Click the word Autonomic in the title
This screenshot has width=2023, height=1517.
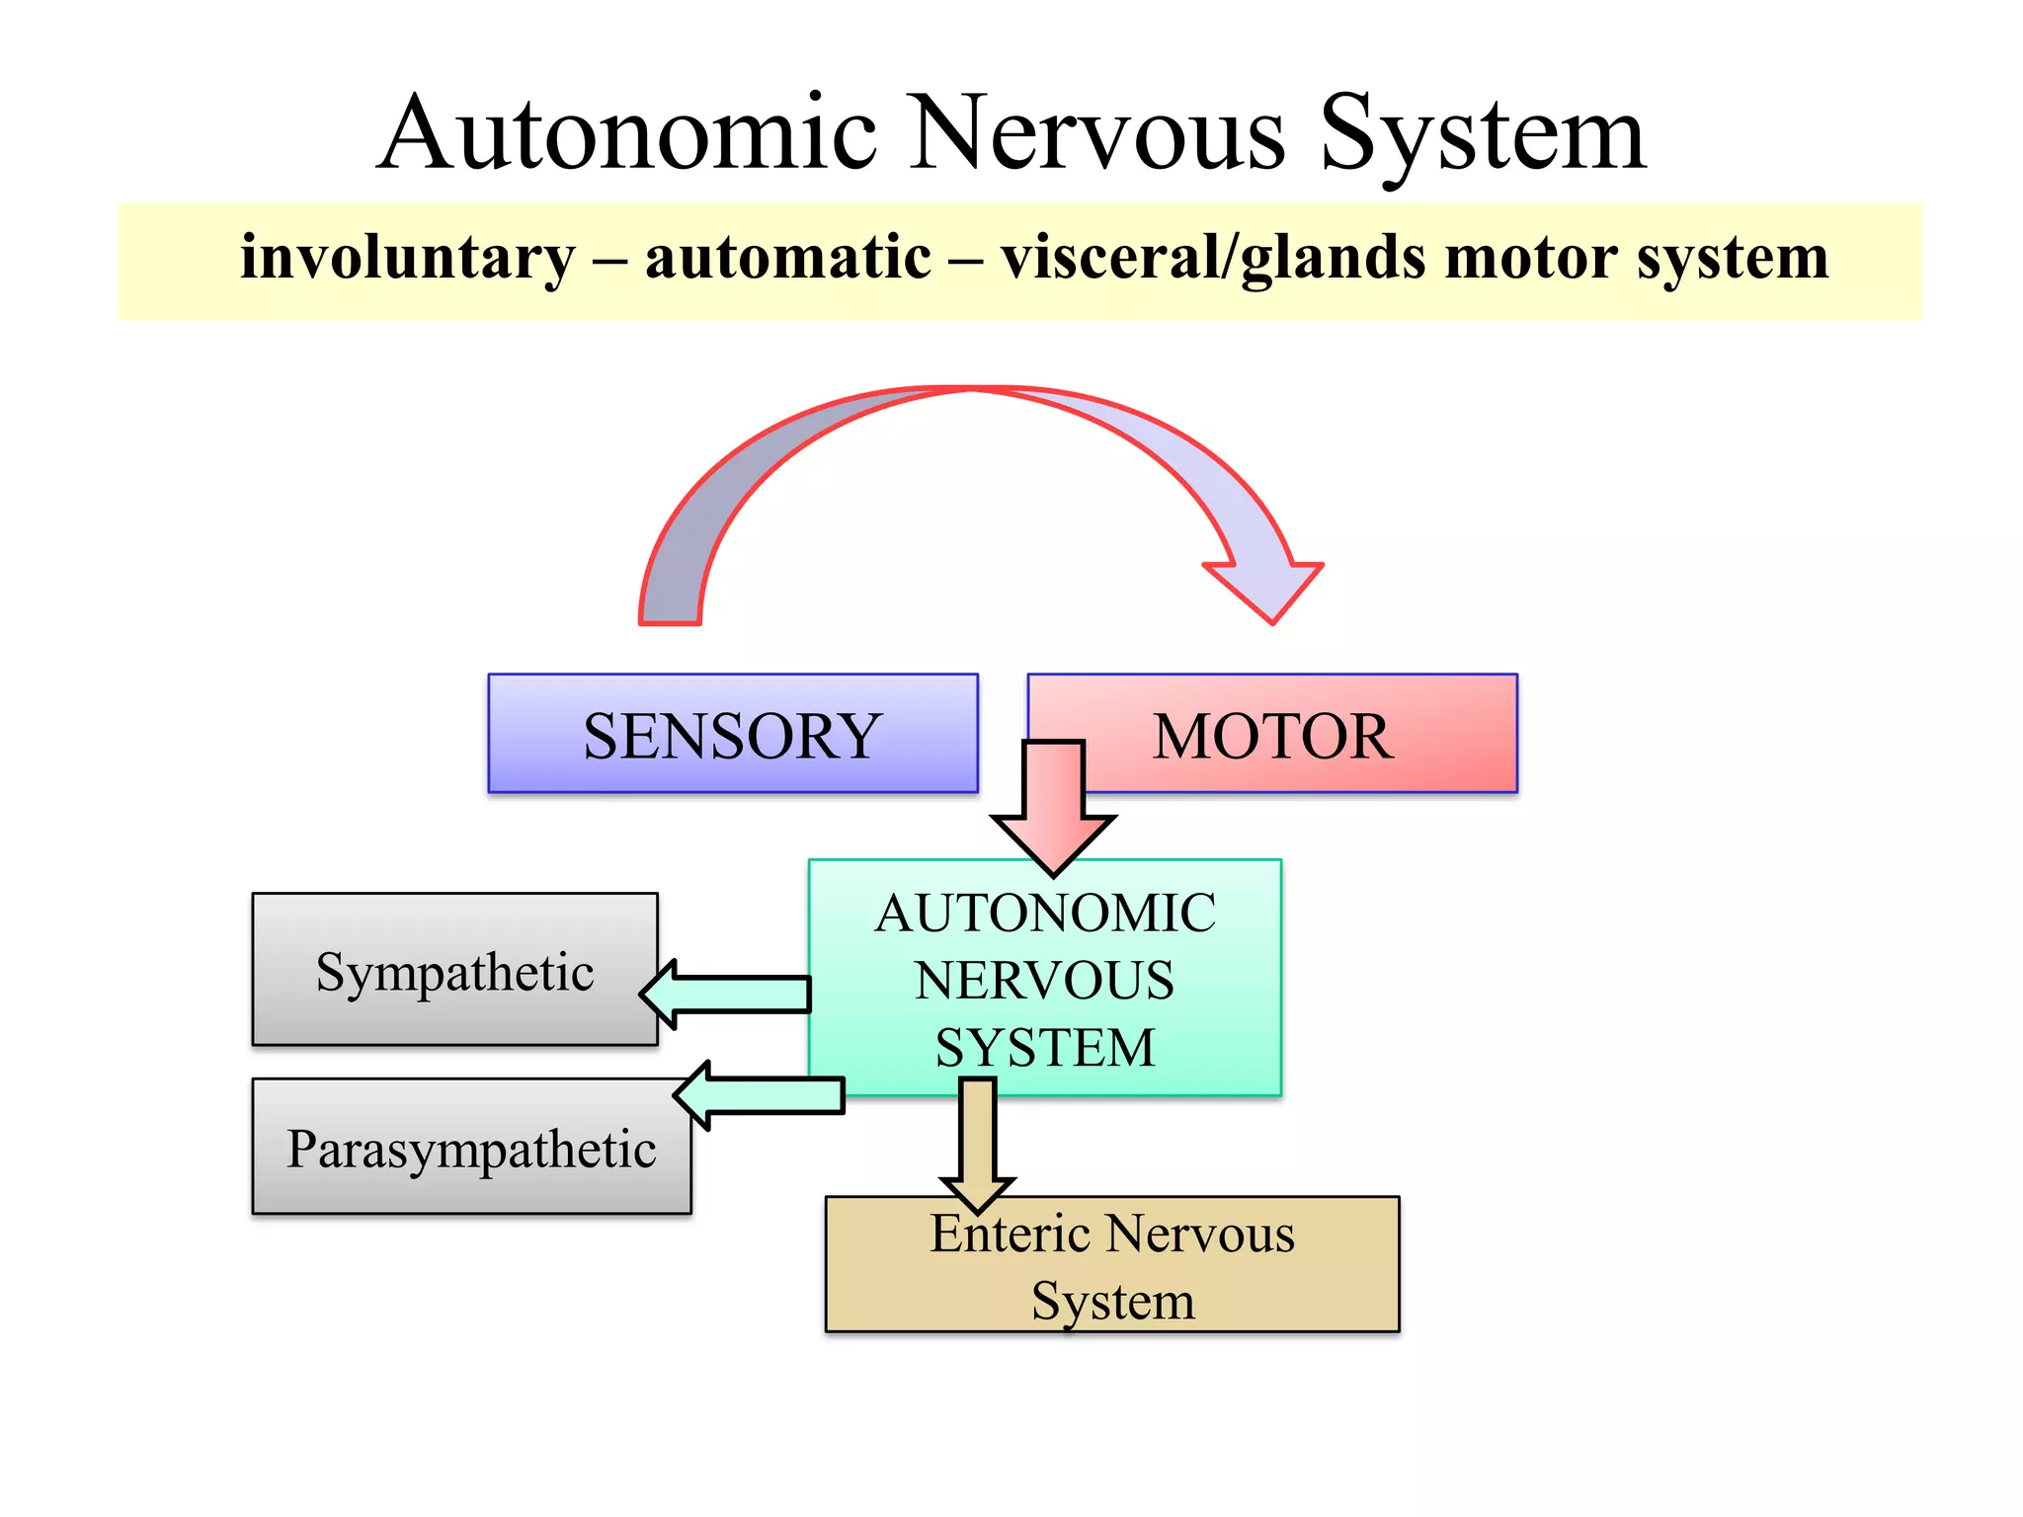coord(627,133)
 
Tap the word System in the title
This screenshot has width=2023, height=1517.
coord(1482,133)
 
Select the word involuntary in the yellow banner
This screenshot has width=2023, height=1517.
coord(407,259)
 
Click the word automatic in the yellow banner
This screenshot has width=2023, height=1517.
coord(787,259)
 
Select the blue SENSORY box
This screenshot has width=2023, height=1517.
coord(732,734)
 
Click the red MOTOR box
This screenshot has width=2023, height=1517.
coord(1304,734)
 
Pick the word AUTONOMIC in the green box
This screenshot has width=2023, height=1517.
coord(1045,913)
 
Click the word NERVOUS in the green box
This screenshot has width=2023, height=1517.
coord(1045,981)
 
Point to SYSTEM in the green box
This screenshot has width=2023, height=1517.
coord(1045,1048)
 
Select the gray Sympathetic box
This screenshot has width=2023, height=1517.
coord(454,970)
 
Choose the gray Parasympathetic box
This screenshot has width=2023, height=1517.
coord(471,1149)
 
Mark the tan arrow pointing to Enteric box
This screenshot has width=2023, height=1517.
coord(977,1146)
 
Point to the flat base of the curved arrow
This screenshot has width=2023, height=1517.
coord(670,620)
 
